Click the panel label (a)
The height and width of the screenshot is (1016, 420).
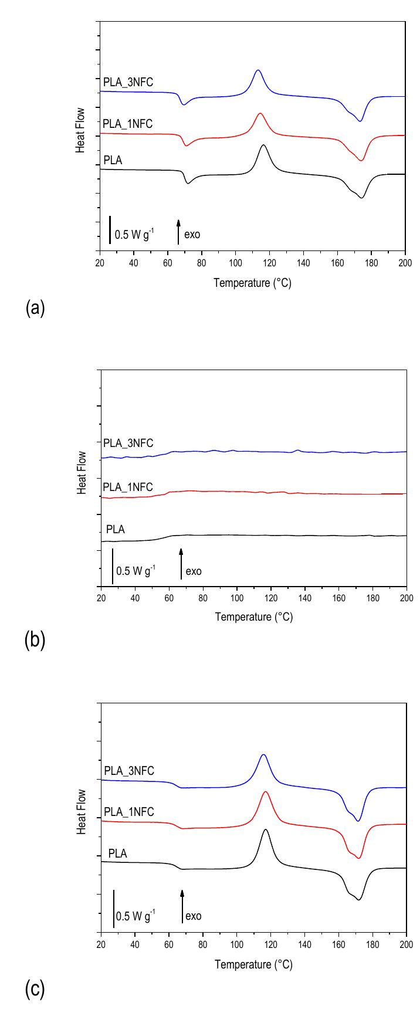pyautogui.click(x=35, y=309)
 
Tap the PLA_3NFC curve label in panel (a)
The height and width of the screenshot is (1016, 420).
pyautogui.click(x=128, y=82)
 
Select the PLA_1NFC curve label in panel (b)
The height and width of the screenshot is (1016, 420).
pyautogui.click(x=128, y=487)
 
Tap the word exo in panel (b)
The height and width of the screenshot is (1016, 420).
pyautogui.click(x=194, y=571)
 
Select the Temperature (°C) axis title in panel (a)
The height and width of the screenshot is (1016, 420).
pyautogui.click(x=252, y=283)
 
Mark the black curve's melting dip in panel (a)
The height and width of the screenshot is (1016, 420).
pyautogui.click(x=361, y=198)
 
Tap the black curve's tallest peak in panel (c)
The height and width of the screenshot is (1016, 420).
pyautogui.click(x=266, y=830)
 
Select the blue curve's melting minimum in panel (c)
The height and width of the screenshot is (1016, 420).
pyautogui.click(x=358, y=821)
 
